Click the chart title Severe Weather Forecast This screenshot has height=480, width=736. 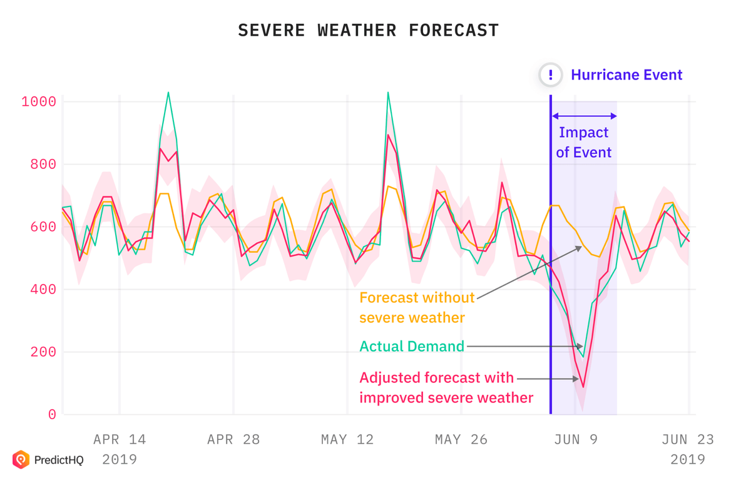[x=368, y=30]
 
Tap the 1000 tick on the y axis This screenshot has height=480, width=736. [x=39, y=102]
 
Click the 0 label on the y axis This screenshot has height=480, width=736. [x=52, y=414]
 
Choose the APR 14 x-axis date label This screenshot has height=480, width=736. [x=120, y=440]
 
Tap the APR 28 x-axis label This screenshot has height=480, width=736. [x=233, y=440]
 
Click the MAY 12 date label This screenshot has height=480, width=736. [x=347, y=440]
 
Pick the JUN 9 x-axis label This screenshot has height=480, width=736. [x=576, y=440]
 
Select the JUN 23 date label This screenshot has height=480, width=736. [x=688, y=440]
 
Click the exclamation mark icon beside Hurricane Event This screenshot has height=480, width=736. [x=551, y=75]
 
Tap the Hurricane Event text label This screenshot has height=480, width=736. [x=626, y=75]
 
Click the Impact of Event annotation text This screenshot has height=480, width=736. [x=584, y=143]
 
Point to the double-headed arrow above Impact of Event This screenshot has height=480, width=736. [x=584, y=116]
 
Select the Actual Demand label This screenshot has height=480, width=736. [x=411, y=346]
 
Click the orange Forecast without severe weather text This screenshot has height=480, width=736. [x=417, y=307]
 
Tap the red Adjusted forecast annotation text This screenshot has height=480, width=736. [x=446, y=387]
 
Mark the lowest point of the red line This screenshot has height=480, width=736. [x=583, y=387]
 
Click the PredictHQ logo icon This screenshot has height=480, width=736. [x=21, y=460]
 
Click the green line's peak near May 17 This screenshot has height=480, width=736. [x=388, y=93]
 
